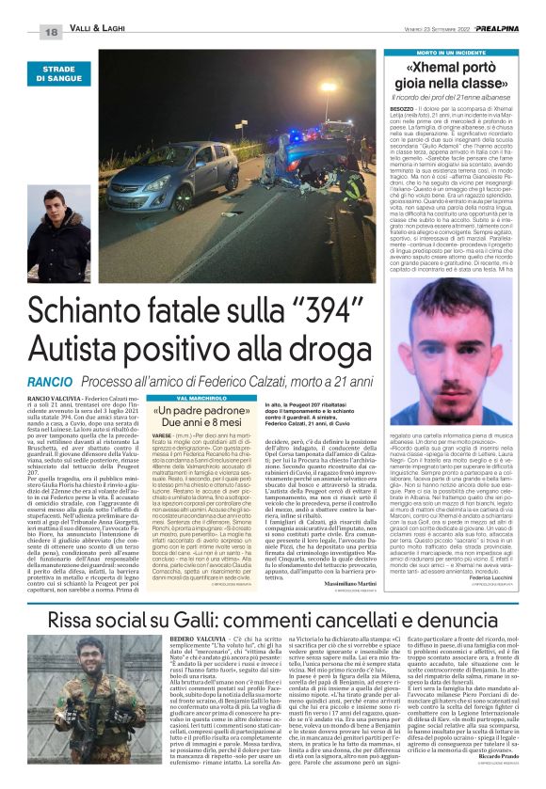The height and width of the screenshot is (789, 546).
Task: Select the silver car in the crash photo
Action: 188,176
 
